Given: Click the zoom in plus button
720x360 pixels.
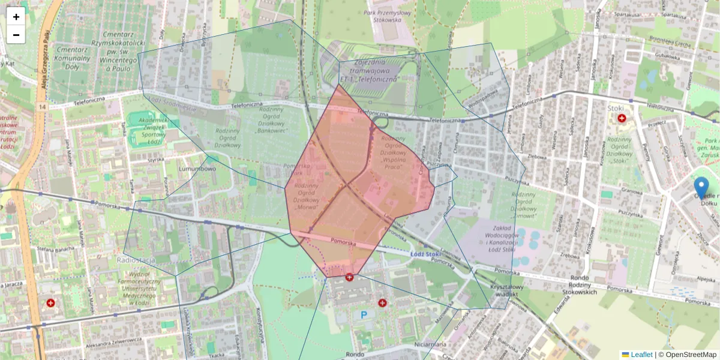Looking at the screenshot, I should click(16, 17).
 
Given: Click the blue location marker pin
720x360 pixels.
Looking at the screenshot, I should click(701, 187).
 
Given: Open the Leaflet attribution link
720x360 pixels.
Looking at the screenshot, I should click(641, 355).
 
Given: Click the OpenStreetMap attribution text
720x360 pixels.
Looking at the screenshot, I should click(691, 355).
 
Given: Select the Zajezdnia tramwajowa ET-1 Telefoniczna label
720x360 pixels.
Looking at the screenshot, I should click(369, 71).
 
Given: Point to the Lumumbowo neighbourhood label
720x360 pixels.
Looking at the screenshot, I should click(197, 170).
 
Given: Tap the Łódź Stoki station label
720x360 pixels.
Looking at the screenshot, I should click(427, 253).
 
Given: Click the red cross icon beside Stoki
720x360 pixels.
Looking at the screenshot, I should click(622, 119).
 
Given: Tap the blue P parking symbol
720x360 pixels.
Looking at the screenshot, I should click(364, 314).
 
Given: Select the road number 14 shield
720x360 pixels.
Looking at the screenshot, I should click(41, 107).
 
